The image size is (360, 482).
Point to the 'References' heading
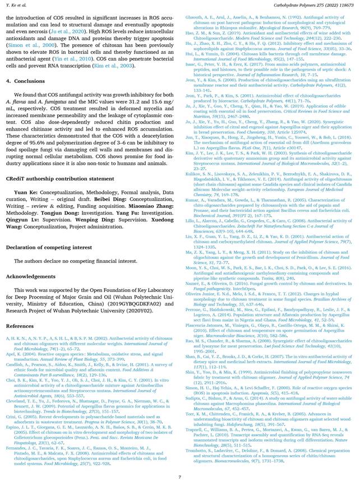click(x=20, y=326)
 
